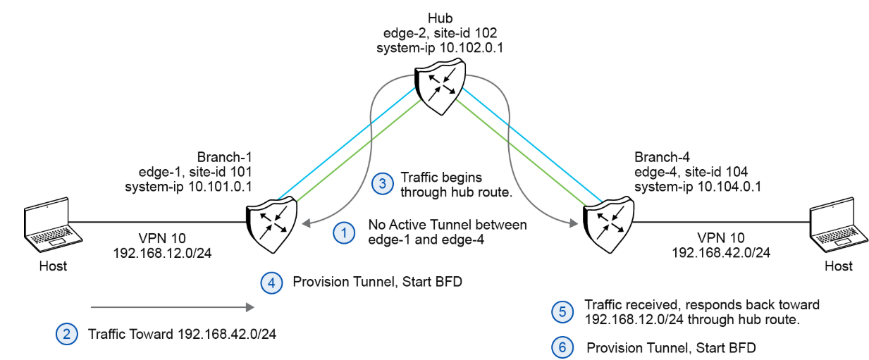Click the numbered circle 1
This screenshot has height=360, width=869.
click(343, 232)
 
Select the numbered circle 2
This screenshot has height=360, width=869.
click(66, 333)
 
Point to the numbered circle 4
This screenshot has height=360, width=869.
click(271, 283)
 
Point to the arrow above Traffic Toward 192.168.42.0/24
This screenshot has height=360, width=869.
click(171, 307)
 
